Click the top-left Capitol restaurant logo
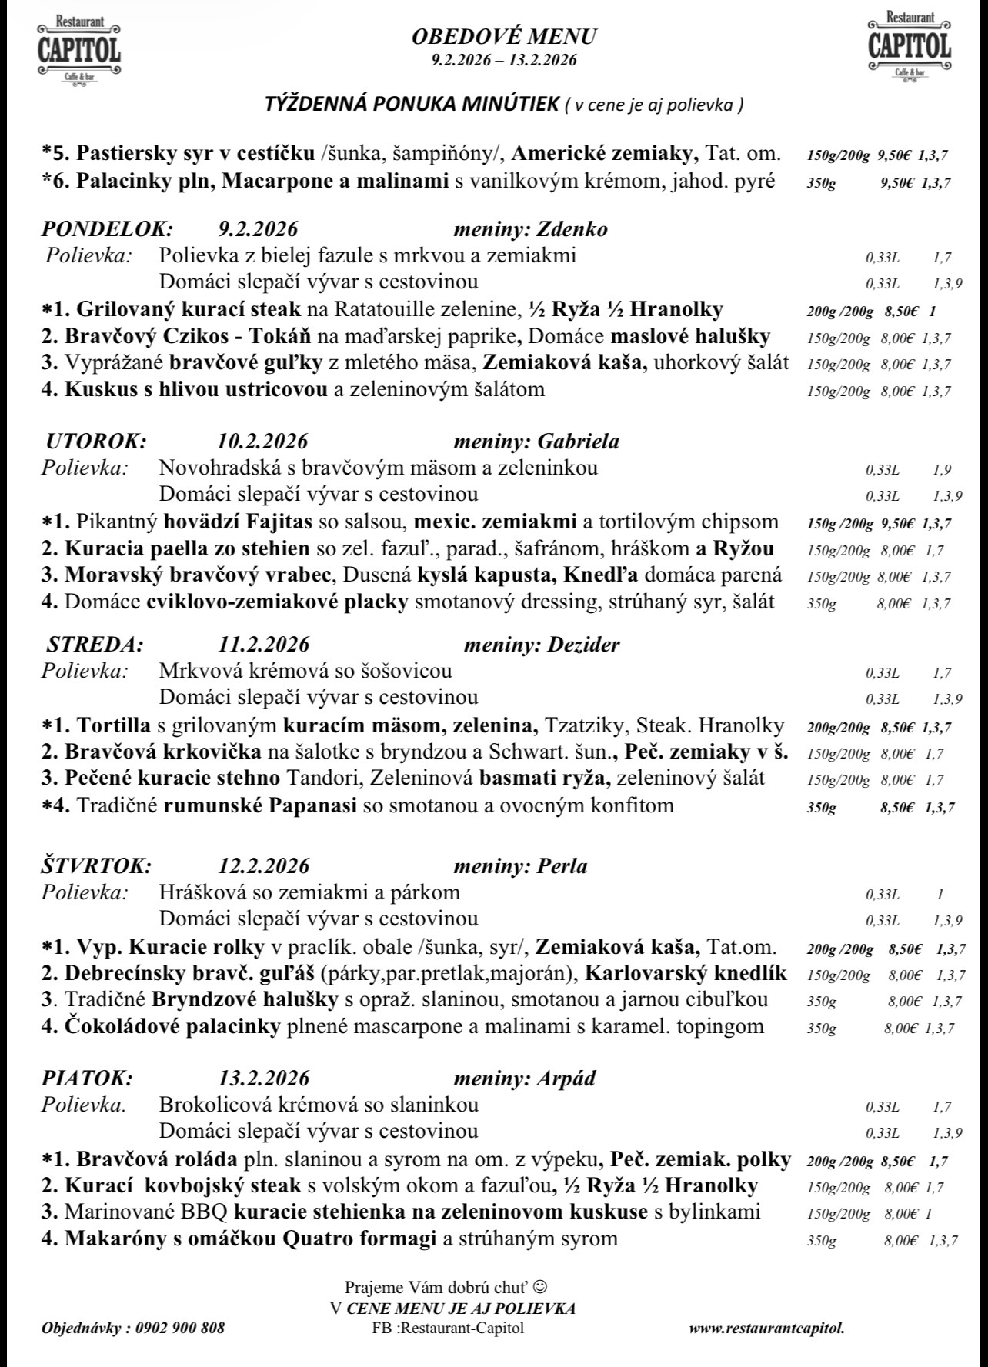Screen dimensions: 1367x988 [78, 48]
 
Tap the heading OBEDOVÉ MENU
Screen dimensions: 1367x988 [504, 36]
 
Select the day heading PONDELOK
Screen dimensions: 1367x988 [107, 229]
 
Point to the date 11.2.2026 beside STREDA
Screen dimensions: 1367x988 [263, 645]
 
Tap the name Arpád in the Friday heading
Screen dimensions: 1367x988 [567, 1079]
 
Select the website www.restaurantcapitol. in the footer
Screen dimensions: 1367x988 [766, 1329]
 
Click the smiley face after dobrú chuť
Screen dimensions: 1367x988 [540, 1286]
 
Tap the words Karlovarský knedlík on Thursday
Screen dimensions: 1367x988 [686, 973]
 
